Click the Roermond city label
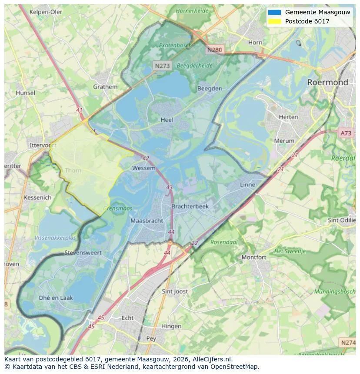tap(327, 82)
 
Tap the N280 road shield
tap(214, 50)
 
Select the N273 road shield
tap(162, 66)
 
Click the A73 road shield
tap(346, 133)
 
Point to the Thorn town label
tap(73, 170)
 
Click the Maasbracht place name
tap(147, 221)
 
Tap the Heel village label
tap(167, 120)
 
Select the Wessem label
tap(143, 168)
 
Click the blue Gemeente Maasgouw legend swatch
tap(275, 12)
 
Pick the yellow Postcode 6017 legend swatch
tap(275, 21)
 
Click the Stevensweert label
tap(83, 252)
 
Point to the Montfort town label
tap(254, 257)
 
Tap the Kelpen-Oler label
tap(46, 12)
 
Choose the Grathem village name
tap(105, 86)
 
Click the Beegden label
tap(210, 89)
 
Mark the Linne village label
tap(248, 185)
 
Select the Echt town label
tap(127, 318)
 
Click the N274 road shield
tap(348, 343)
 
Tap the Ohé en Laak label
tap(56, 298)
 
